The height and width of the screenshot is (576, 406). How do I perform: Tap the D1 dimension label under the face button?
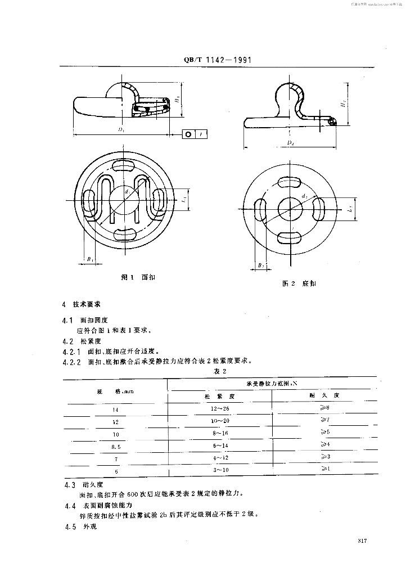(x=120, y=129)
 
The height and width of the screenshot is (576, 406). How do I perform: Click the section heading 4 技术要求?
(x=82, y=304)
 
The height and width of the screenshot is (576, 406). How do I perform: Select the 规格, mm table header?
(x=115, y=390)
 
